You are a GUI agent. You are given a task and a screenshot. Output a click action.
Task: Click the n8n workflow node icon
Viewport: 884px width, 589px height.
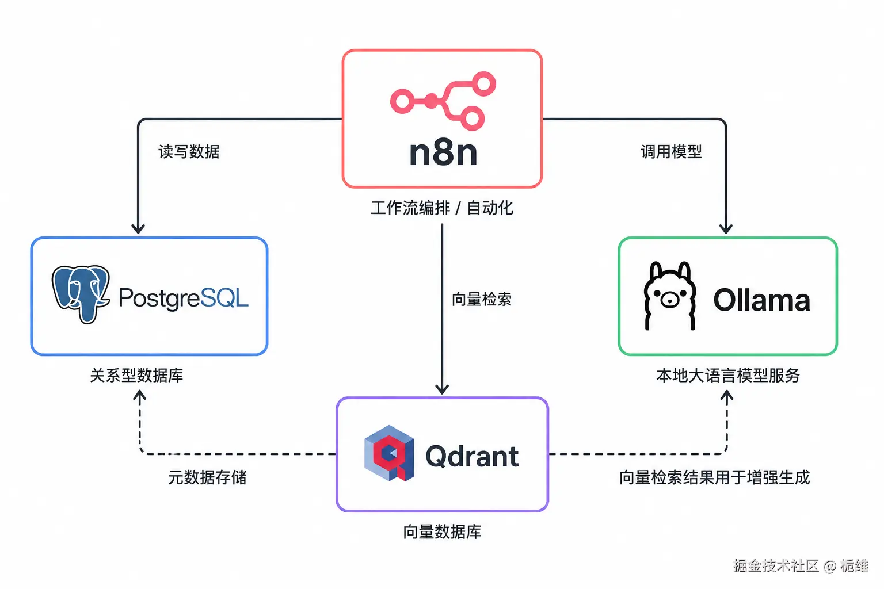click(443, 101)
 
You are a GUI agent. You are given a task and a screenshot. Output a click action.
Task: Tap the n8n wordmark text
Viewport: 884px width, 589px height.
click(443, 153)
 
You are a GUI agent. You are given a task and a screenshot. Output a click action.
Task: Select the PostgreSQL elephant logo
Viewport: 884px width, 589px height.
click(81, 294)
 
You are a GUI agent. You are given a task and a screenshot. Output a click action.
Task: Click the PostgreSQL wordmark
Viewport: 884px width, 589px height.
click(184, 298)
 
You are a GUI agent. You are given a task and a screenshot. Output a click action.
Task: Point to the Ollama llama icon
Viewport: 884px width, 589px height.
click(670, 296)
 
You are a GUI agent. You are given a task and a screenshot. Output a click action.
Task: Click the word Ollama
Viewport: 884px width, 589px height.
click(761, 300)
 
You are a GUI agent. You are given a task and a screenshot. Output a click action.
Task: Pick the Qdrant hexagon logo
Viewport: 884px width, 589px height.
click(389, 453)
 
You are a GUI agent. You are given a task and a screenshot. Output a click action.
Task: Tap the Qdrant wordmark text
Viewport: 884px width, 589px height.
click(472, 456)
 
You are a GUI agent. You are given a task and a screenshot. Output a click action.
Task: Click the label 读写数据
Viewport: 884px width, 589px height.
click(189, 151)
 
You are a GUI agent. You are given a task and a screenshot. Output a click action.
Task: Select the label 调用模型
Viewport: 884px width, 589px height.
click(671, 151)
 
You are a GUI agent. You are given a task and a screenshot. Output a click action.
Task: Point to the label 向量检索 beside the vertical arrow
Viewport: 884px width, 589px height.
click(482, 300)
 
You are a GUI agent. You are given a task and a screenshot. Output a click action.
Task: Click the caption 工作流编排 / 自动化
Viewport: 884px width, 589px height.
click(442, 208)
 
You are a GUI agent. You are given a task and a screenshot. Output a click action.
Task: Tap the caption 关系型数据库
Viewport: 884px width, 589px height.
click(136, 375)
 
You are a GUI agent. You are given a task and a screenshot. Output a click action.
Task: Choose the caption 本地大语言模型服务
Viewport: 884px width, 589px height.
click(728, 375)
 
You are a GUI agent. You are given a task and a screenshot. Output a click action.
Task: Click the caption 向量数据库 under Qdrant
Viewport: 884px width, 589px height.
click(442, 532)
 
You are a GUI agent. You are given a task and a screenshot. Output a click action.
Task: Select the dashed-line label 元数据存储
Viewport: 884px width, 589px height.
click(207, 477)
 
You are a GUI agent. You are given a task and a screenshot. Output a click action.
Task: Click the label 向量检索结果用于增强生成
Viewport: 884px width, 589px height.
click(714, 477)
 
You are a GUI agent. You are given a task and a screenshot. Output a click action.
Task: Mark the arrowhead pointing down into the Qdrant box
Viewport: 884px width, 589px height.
click(442, 389)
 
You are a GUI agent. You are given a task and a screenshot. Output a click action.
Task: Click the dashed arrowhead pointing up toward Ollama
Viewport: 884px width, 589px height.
click(727, 395)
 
